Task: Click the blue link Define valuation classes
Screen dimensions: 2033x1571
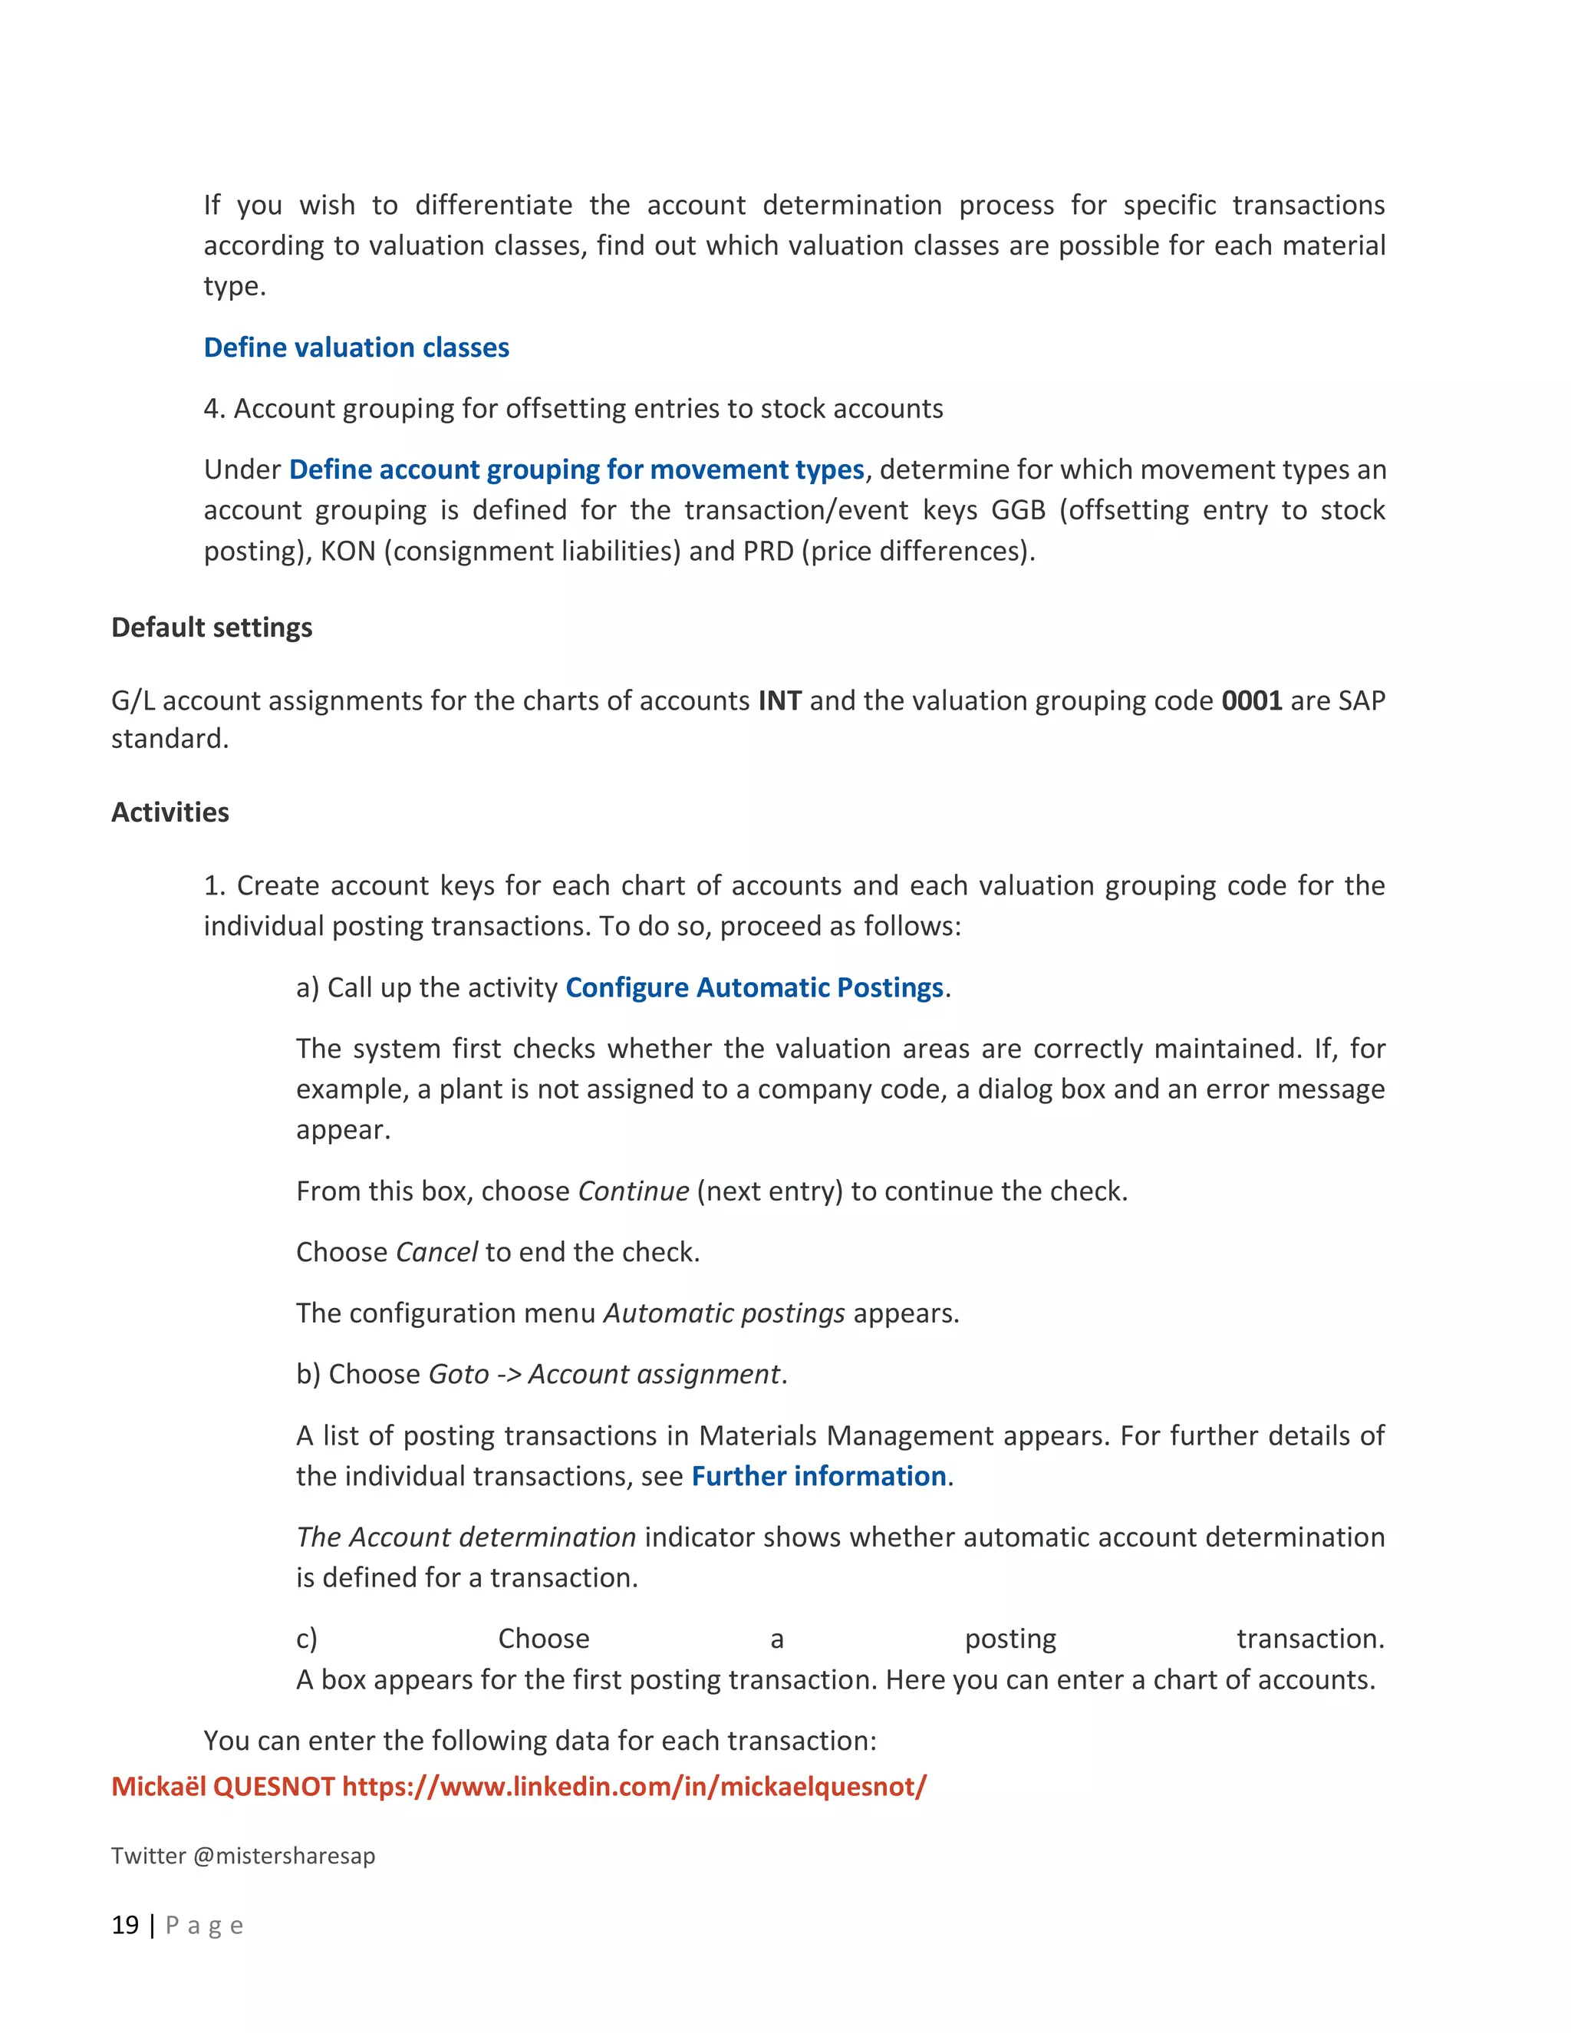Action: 357,348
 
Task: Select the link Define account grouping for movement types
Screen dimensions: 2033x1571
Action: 576,470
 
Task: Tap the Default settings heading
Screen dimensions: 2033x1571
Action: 211,628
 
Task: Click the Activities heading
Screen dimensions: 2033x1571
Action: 170,812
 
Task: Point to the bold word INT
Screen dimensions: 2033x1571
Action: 779,700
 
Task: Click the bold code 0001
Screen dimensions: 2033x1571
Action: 1251,700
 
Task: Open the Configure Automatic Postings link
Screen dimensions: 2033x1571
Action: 754,987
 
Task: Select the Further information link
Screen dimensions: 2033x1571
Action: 818,1475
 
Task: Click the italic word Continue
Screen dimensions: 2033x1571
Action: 633,1191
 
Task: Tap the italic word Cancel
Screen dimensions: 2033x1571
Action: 436,1252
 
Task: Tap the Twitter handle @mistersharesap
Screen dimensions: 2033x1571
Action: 283,1855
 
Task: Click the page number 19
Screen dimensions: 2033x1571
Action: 125,1925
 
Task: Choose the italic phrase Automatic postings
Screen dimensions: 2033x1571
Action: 724,1313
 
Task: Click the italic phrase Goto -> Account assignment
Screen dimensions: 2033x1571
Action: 604,1374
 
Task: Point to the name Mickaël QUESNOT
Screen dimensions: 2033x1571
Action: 222,1786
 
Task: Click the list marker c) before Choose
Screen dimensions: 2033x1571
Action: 306,1639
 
